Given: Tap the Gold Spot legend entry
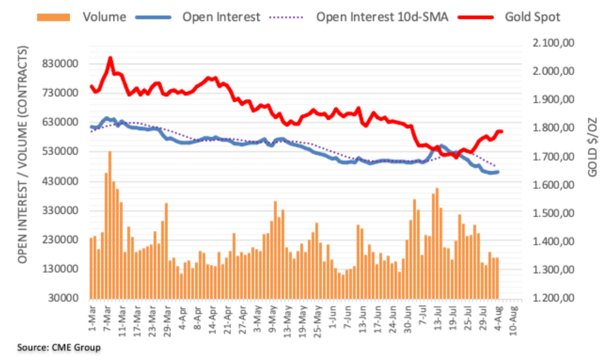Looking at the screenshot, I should click(532, 17).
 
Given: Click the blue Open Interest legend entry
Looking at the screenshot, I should click(221, 17).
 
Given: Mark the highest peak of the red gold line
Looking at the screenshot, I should click(110, 58).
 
